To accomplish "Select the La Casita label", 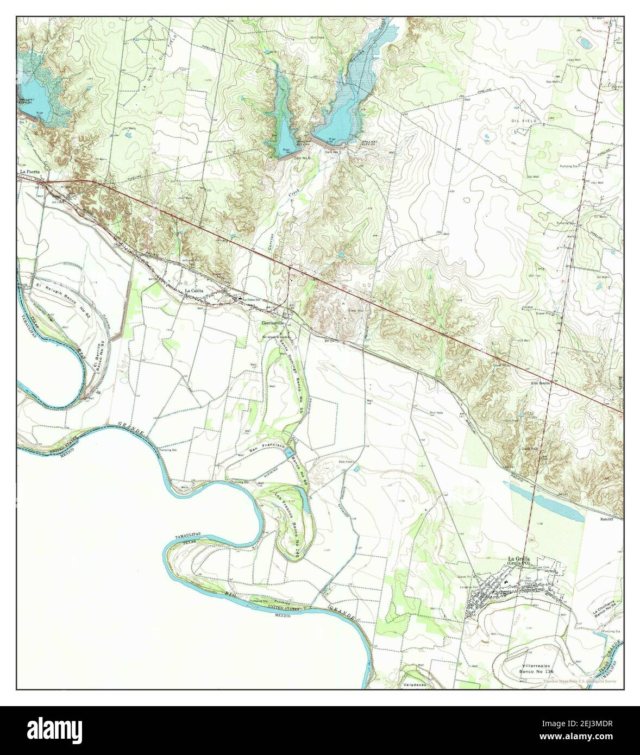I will [194, 291].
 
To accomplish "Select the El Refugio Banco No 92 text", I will [60, 290].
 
